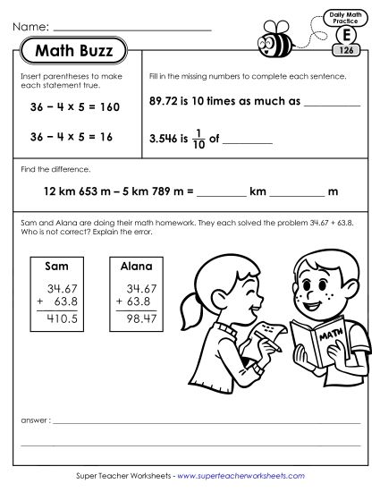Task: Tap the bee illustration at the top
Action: (274, 40)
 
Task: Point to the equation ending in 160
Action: (73, 107)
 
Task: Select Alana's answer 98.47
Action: (137, 317)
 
